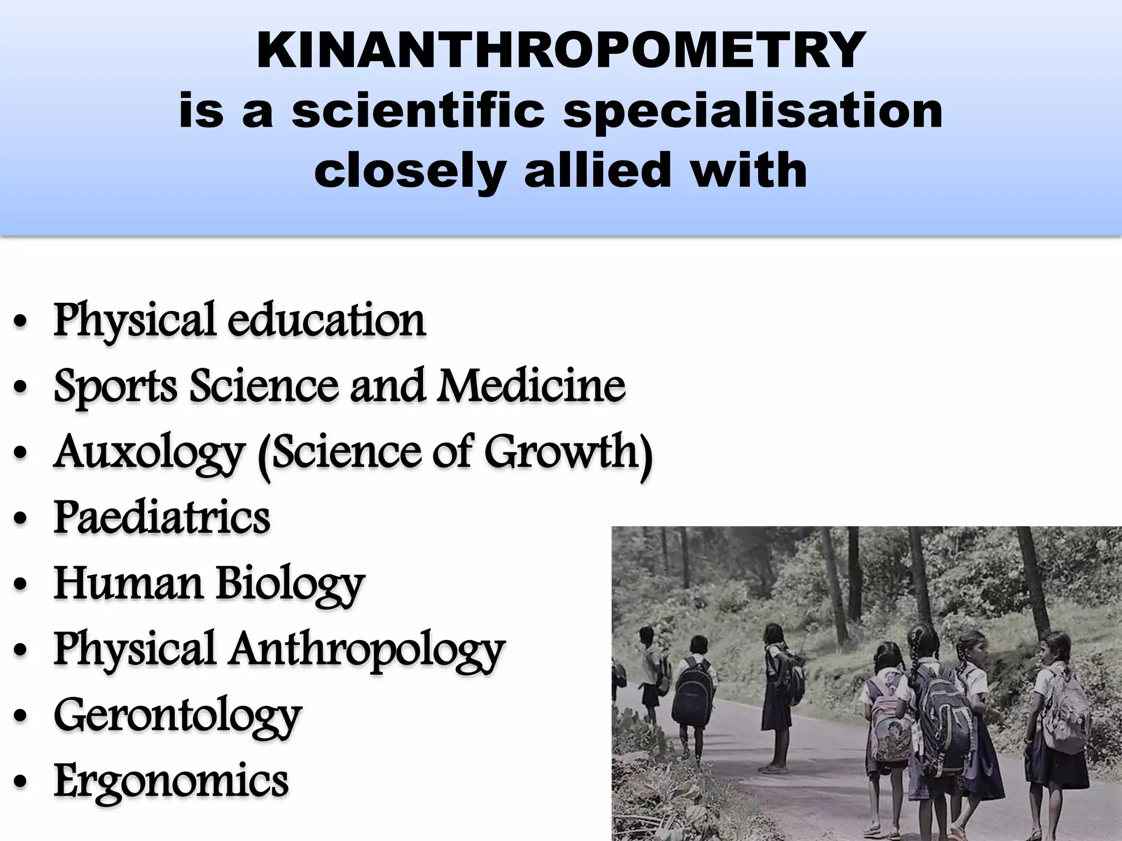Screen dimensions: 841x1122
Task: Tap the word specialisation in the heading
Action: click(x=753, y=112)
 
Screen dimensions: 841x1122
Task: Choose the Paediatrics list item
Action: click(x=162, y=517)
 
